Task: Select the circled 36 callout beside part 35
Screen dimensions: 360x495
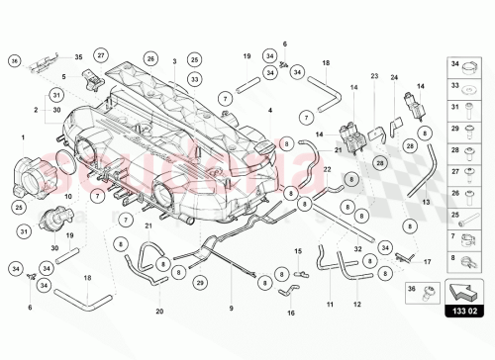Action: (x=14, y=61)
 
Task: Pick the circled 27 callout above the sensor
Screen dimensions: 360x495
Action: (x=100, y=53)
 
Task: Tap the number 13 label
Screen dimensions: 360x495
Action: (x=427, y=200)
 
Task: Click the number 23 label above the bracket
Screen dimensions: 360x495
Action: (x=375, y=75)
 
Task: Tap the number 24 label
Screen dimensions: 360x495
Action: (x=394, y=76)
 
